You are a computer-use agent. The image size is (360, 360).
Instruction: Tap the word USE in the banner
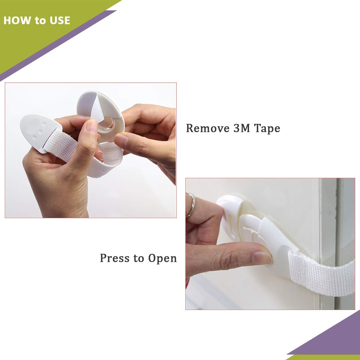tap(60, 20)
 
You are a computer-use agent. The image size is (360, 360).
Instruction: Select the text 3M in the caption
tap(241, 128)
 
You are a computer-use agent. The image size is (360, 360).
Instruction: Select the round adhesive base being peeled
tap(101, 116)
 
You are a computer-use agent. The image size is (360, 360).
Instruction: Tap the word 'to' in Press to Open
tap(139, 259)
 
